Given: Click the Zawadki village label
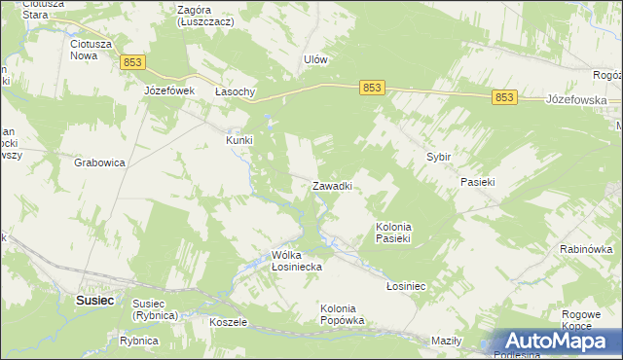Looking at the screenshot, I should coord(331,185).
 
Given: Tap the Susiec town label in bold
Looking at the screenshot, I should coord(95,301).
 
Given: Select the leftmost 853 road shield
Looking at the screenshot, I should coord(134,62).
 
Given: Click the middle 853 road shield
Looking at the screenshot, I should coord(371,88).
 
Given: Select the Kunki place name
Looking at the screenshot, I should coord(239,139).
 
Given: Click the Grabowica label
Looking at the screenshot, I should coord(99,163).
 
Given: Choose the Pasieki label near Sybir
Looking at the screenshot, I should coord(478,182).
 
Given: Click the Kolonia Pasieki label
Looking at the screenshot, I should coord(395,232).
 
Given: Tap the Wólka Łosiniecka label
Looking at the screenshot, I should coord(297,261).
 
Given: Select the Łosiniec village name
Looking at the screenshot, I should coord(406,286).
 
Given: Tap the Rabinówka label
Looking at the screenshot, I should coord(585,249).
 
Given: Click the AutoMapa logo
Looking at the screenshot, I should coord(558,341).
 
